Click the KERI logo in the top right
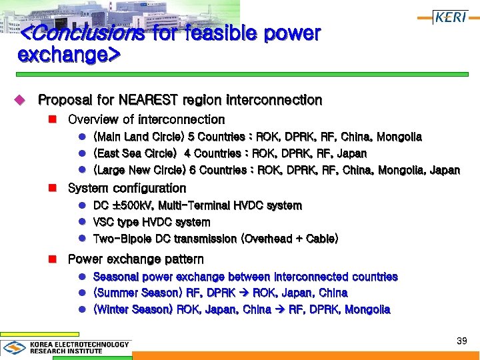(x=451, y=17)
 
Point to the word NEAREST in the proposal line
(x=154, y=100)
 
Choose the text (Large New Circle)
(x=139, y=171)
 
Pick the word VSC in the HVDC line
(x=104, y=223)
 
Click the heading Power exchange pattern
(x=136, y=259)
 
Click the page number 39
(x=461, y=341)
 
